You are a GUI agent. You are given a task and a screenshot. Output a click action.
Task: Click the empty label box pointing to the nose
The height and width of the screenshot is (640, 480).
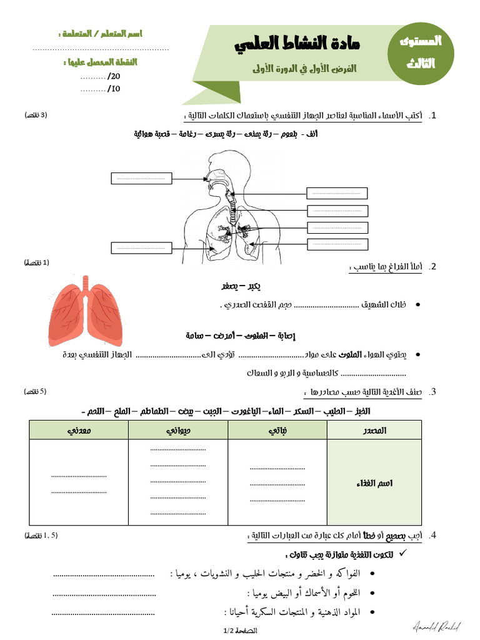click(x=141, y=178)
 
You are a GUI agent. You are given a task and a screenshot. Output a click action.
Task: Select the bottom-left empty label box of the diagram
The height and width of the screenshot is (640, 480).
click(x=141, y=248)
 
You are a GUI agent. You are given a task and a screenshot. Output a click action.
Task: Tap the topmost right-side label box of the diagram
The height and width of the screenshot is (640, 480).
click(x=337, y=193)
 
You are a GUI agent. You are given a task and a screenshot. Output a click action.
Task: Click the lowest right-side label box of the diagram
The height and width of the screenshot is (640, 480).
click(x=337, y=244)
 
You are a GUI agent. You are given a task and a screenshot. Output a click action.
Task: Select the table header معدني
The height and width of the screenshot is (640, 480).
click(x=79, y=430)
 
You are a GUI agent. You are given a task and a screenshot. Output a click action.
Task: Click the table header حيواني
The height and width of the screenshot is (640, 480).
click(x=178, y=430)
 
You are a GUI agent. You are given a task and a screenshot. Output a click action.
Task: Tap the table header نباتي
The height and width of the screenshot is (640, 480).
click(x=277, y=430)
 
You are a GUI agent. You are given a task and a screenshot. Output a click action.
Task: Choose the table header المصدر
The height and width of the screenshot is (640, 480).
click(x=374, y=430)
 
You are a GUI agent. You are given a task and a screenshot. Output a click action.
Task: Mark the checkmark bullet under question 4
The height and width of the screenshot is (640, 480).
click(x=402, y=554)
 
